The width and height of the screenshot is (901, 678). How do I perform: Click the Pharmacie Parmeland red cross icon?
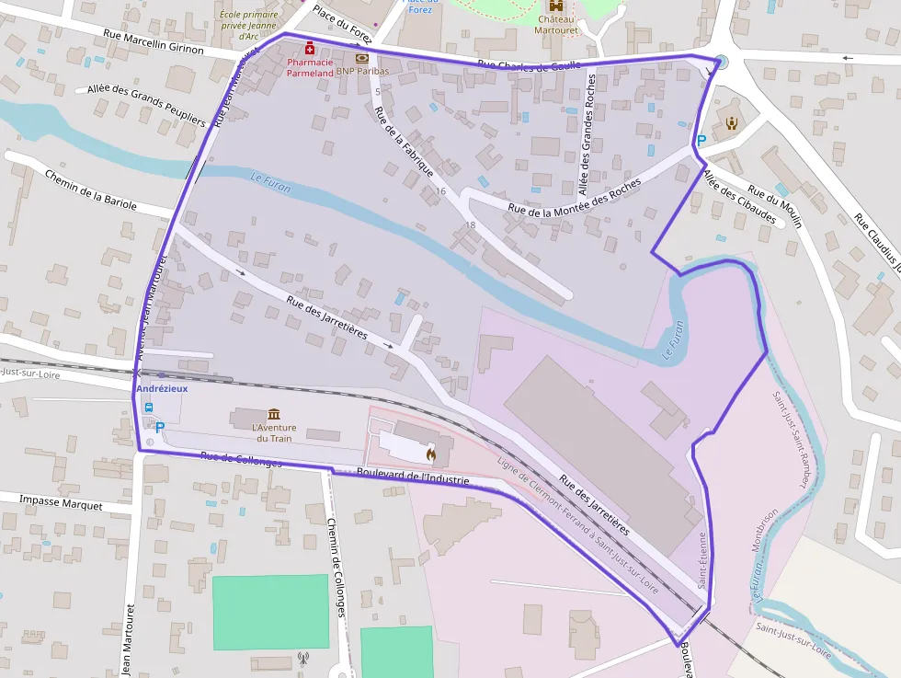tap(311, 48)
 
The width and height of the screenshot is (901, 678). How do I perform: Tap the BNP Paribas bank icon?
tap(361, 57)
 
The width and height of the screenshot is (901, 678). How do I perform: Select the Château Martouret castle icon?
tap(554, 6)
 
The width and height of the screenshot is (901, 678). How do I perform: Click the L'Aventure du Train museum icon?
tap(274, 414)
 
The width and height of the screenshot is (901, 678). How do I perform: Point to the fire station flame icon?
tap(430, 453)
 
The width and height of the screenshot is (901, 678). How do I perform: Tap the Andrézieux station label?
tap(162, 389)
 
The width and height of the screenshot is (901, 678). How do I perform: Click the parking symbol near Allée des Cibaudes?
tap(701, 141)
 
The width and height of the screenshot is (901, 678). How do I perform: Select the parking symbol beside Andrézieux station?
tap(160, 427)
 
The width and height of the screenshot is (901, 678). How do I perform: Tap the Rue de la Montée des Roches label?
tap(575, 198)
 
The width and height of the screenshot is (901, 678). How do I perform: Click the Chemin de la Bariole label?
tap(90, 191)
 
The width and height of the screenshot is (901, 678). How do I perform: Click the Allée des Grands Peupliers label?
tap(145, 105)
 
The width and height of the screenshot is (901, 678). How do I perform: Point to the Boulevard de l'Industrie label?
tap(413, 477)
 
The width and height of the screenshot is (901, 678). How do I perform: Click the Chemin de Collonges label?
tap(336, 567)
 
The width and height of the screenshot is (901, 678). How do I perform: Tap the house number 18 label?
tap(471, 224)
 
